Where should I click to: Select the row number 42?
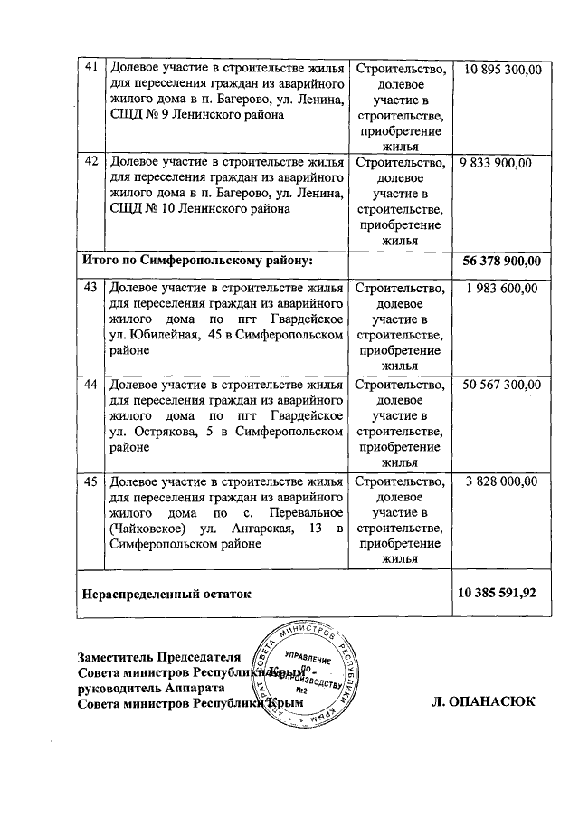pos(90,163)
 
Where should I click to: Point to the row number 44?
pos(90,384)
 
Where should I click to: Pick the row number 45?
pos(90,481)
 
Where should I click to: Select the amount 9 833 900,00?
pos(496,163)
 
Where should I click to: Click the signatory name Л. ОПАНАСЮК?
pos(484,702)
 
